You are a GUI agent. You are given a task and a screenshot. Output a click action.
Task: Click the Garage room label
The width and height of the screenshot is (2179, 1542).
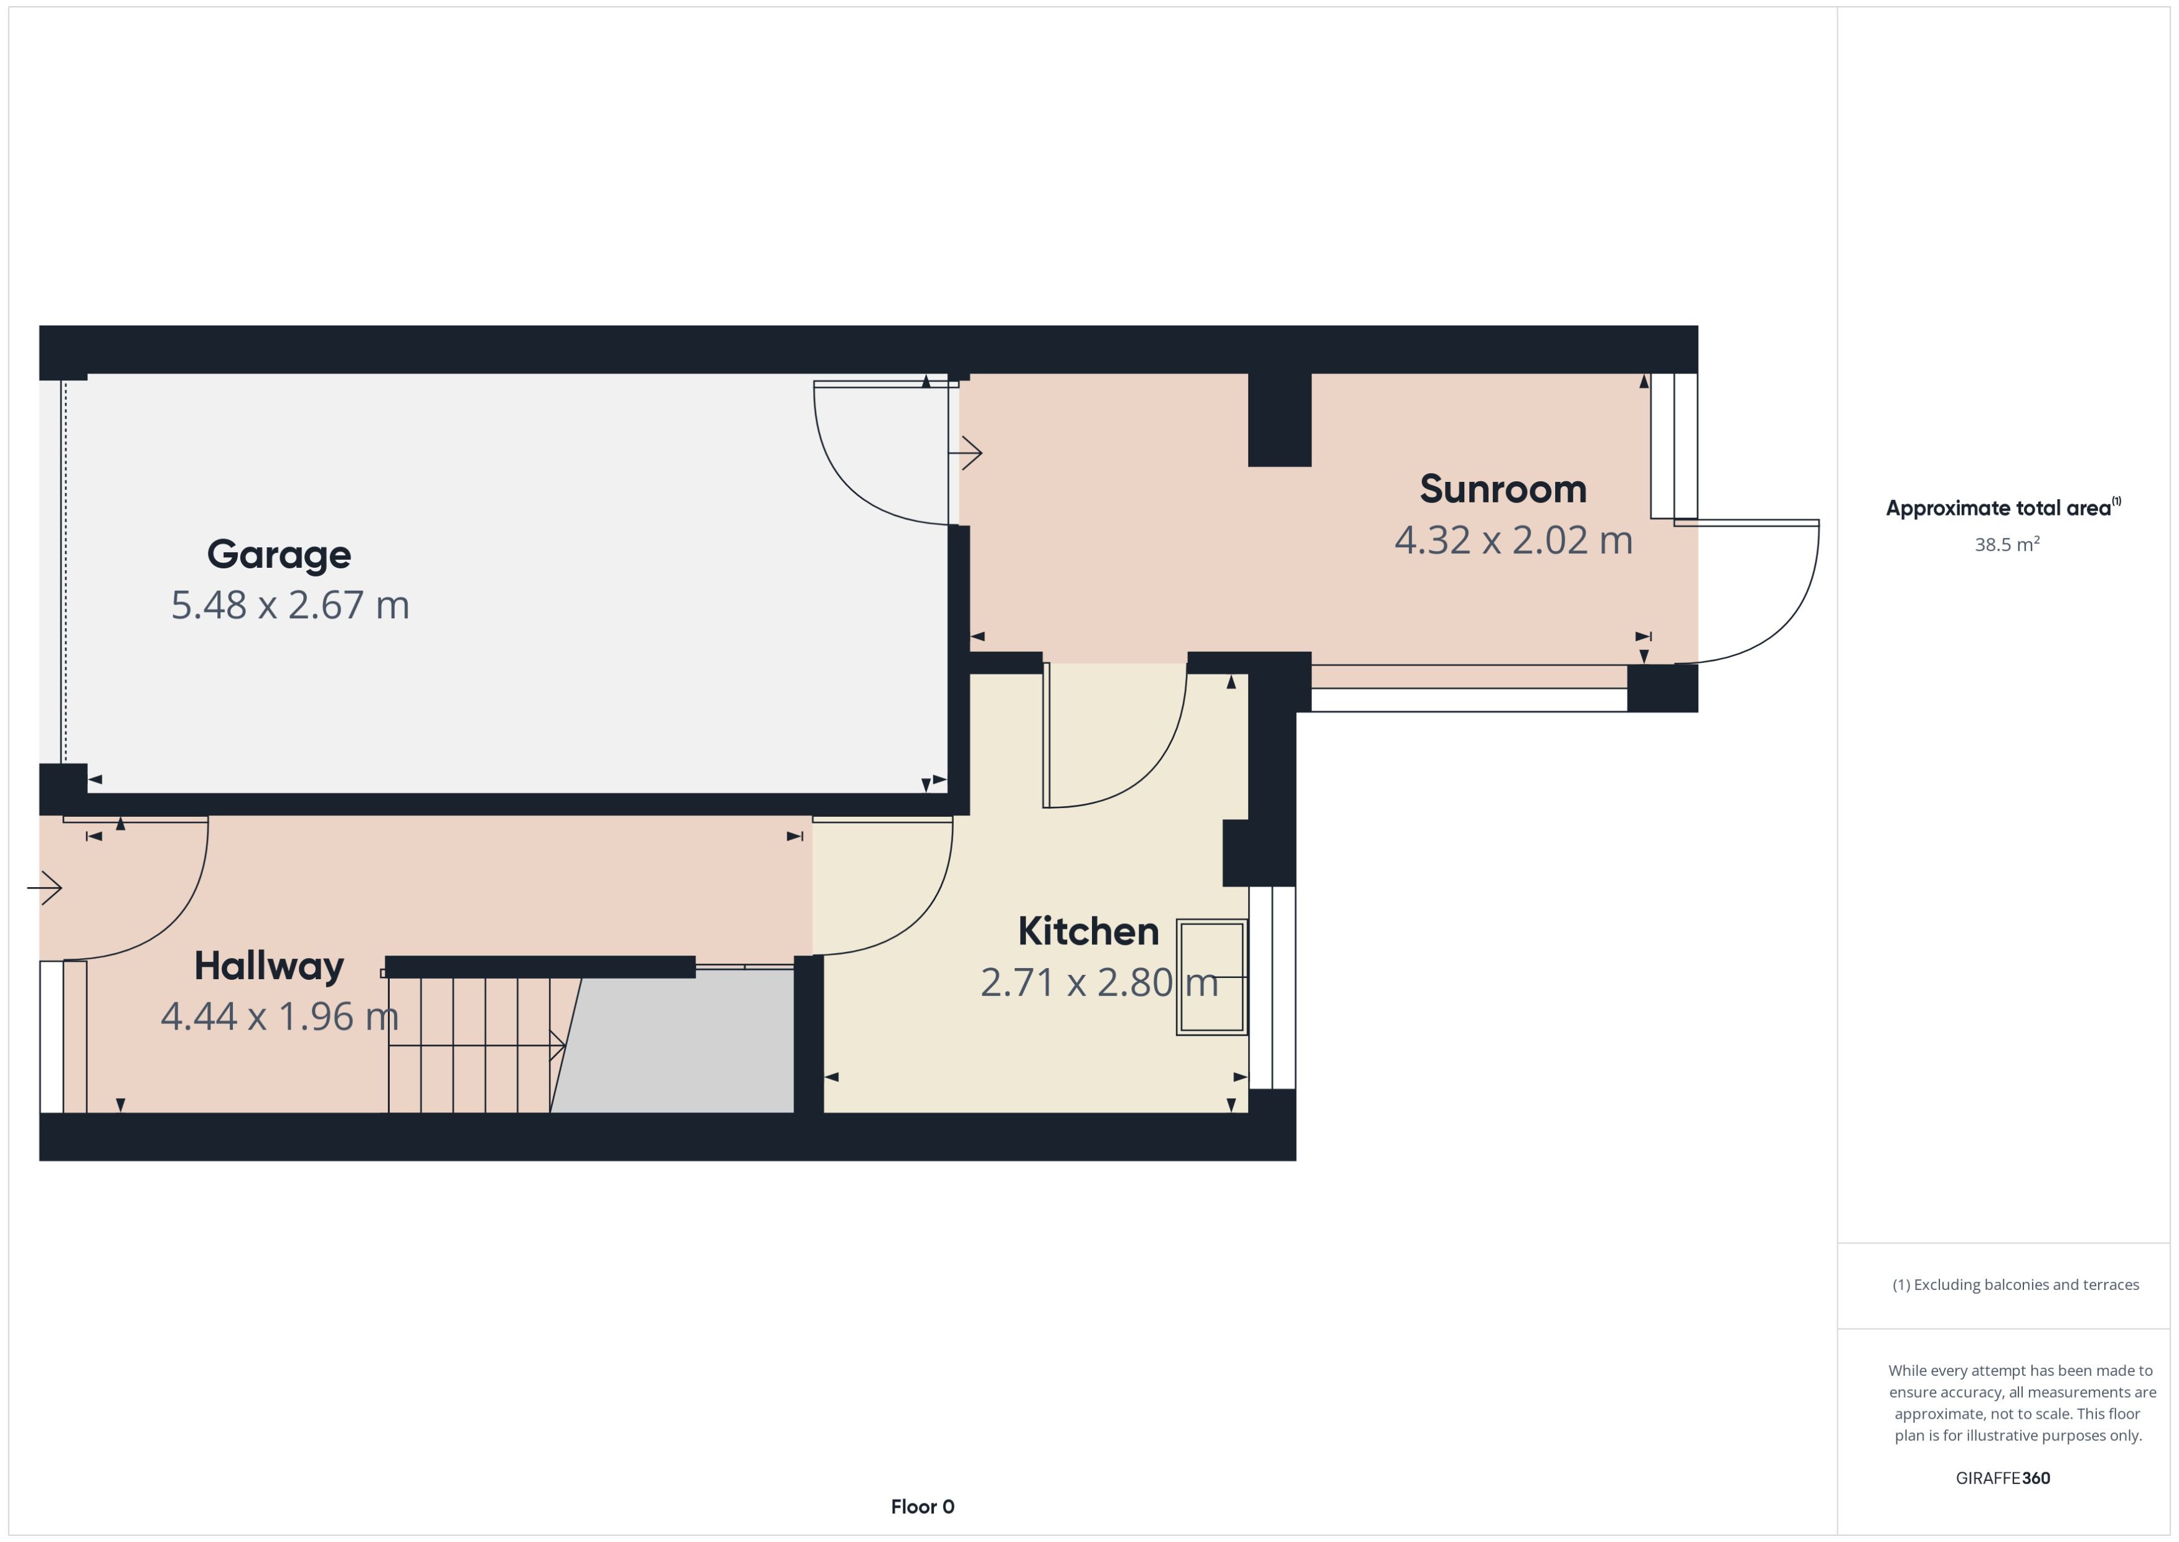pos(278,555)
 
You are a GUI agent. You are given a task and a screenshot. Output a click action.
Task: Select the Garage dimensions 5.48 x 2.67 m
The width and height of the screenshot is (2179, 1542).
pos(289,605)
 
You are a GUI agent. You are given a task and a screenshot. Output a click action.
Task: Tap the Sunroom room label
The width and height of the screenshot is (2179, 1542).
pos(1502,489)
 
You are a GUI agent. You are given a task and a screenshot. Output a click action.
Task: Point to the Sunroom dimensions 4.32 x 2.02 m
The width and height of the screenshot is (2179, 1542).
pos(1512,540)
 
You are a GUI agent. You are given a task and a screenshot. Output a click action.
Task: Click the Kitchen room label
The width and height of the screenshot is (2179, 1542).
pos(1088,931)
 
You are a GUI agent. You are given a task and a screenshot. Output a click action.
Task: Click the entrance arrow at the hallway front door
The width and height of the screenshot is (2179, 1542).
pos(45,888)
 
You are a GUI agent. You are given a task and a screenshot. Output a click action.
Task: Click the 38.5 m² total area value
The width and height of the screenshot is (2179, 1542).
pos(2006,545)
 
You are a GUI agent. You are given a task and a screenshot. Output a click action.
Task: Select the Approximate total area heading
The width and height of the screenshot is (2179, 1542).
pos(2002,508)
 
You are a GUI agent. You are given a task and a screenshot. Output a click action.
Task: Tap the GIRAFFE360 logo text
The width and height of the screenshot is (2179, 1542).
pos(2002,1479)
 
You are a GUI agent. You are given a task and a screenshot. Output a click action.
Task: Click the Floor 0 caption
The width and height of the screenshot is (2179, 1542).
pos(922,1507)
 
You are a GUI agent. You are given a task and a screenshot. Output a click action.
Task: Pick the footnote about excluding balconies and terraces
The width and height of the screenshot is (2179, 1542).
pos(2015,1285)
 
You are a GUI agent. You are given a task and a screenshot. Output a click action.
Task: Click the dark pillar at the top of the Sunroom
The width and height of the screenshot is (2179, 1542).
pos(1279,419)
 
